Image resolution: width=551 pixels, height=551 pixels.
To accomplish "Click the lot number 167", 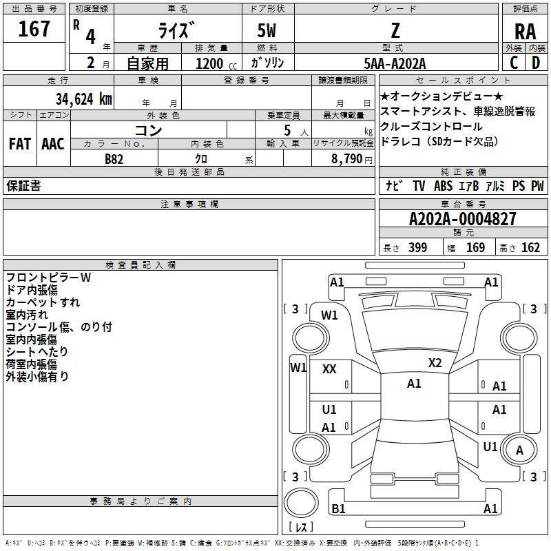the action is [x=34, y=29].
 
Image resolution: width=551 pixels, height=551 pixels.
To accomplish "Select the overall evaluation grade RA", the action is [x=525, y=32].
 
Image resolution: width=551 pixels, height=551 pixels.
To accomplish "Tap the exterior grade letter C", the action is [x=514, y=63].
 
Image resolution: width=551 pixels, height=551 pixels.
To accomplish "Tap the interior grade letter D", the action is [x=535, y=63].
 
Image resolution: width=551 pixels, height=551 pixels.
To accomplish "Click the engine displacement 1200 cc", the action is [x=209, y=63].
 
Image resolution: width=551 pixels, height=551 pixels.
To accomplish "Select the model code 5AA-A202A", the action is [x=395, y=63].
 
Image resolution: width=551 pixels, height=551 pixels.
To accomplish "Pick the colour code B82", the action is [x=114, y=158].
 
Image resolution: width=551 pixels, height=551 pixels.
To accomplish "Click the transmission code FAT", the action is [x=19, y=143].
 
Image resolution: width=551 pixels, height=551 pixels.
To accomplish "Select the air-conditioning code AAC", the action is [x=52, y=143].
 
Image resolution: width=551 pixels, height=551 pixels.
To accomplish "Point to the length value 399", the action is [x=417, y=248].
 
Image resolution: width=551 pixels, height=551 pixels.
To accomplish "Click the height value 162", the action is [x=530, y=248].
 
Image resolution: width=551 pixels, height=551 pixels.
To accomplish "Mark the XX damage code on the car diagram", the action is [x=329, y=369].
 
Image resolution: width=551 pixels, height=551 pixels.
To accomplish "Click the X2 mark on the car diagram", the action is [x=435, y=363].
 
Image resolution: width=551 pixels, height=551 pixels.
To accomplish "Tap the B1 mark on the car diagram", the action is [x=338, y=508].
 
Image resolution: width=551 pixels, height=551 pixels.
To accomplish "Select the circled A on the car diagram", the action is [x=519, y=450].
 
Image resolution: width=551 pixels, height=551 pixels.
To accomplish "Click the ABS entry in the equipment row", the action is [x=443, y=186].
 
